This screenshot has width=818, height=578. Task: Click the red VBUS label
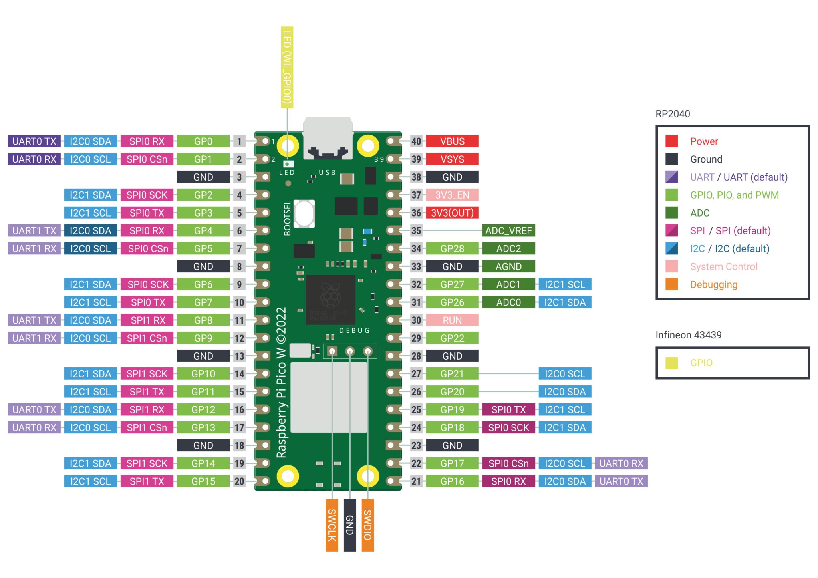click(x=452, y=141)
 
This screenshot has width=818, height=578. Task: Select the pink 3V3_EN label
click(x=452, y=195)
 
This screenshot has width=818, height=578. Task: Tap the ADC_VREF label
click(x=508, y=230)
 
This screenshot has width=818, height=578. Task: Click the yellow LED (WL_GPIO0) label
click(x=287, y=67)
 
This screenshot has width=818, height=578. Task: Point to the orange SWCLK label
click(x=332, y=525)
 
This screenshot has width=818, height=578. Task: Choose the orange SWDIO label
click(x=368, y=525)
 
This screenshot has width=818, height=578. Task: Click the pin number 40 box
click(x=416, y=141)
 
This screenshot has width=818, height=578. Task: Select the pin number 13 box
click(x=239, y=356)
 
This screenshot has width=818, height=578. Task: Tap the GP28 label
click(x=452, y=248)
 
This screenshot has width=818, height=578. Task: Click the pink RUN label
click(x=452, y=320)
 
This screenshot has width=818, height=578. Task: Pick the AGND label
click(x=508, y=266)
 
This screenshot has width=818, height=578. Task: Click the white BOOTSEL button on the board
click(x=304, y=213)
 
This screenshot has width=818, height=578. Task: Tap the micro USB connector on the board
click(x=328, y=138)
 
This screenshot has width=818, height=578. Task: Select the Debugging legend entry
click(x=713, y=284)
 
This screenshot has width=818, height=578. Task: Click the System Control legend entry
click(x=723, y=266)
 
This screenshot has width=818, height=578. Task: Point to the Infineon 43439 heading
click(x=688, y=335)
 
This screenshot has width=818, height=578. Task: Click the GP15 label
click(x=203, y=481)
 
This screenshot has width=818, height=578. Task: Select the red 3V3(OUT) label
click(x=452, y=213)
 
